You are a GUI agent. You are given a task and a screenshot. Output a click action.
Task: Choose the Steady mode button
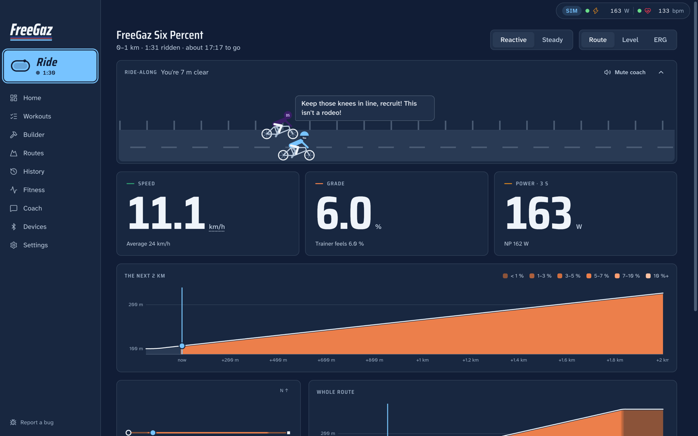point(552,40)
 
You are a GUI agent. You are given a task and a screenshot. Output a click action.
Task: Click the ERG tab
point(660,40)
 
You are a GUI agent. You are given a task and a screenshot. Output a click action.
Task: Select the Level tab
point(630,40)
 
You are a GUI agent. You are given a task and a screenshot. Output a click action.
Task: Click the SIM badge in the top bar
point(571,11)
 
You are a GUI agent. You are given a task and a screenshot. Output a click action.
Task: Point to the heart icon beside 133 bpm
point(647,11)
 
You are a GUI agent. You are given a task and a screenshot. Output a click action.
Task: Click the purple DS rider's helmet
point(287,115)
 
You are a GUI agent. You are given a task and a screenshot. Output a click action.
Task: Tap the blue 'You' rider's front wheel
point(309,155)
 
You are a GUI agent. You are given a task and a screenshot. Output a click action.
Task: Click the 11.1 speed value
point(166,213)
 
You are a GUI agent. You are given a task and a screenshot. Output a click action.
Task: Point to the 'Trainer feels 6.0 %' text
point(339,244)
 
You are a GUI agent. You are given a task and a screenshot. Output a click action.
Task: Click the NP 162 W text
point(517,244)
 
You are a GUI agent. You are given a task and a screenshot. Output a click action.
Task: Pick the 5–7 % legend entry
point(597,276)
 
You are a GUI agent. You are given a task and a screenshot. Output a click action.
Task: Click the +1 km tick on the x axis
point(422,360)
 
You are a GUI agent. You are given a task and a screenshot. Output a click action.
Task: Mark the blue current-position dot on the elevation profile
point(182,346)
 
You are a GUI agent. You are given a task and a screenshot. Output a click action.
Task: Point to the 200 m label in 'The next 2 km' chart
point(136,305)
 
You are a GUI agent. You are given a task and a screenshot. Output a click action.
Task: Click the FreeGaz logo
point(31,31)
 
